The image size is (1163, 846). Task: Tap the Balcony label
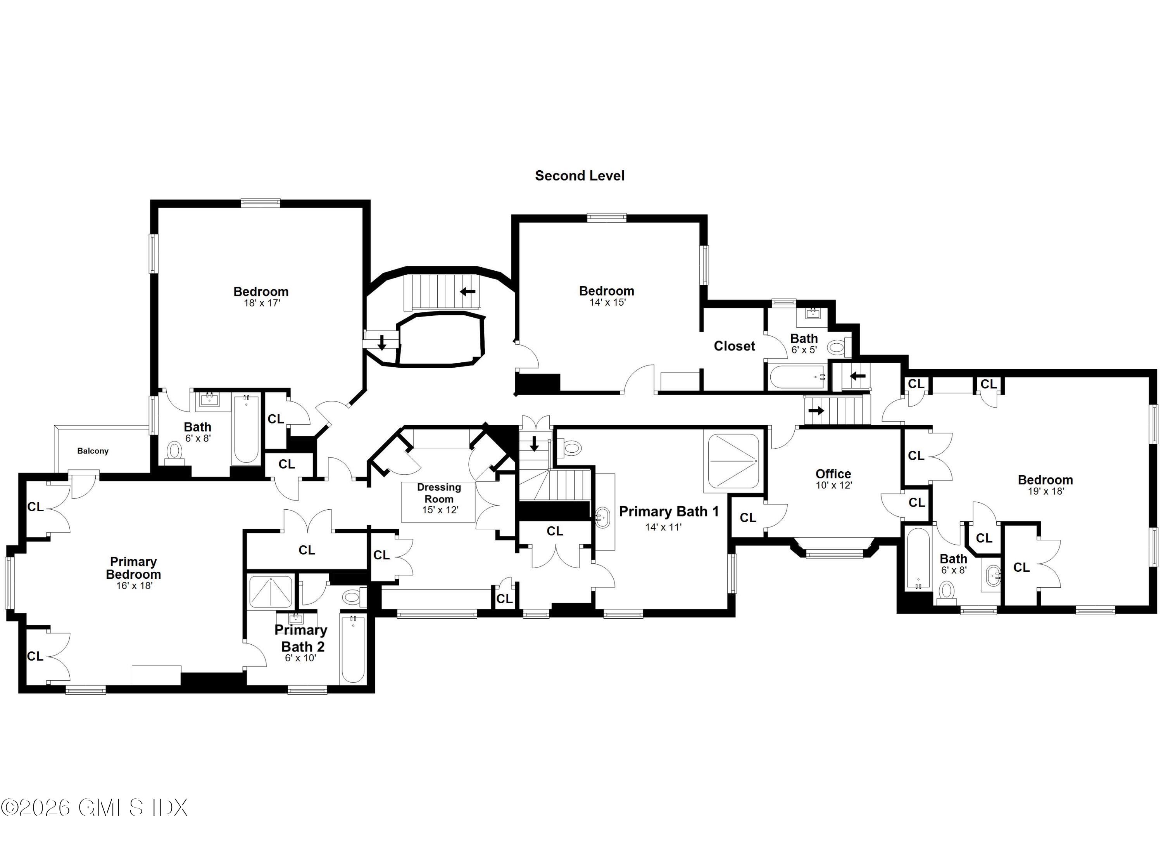pos(93,451)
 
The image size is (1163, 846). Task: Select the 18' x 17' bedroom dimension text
pos(262,303)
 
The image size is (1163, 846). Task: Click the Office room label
pos(833,474)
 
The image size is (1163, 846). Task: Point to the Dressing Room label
pos(439,493)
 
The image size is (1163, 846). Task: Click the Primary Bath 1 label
pos(669,512)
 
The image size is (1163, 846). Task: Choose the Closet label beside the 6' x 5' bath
pos(734,346)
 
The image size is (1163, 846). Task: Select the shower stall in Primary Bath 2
pos(270,592)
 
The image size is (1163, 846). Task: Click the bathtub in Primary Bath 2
pos(353,649)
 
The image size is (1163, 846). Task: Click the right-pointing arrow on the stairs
pos(816,410)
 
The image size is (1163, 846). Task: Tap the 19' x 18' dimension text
pos(1046,491)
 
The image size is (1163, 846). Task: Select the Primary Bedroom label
pos(133,568)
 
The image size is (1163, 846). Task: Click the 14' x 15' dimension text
pos(607,303)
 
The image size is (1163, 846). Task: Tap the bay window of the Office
pos(834,554)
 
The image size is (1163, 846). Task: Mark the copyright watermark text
pos(94,808)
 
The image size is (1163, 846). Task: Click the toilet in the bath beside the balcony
pos(175,452)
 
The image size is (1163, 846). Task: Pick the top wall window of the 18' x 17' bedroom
pos(261,202)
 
